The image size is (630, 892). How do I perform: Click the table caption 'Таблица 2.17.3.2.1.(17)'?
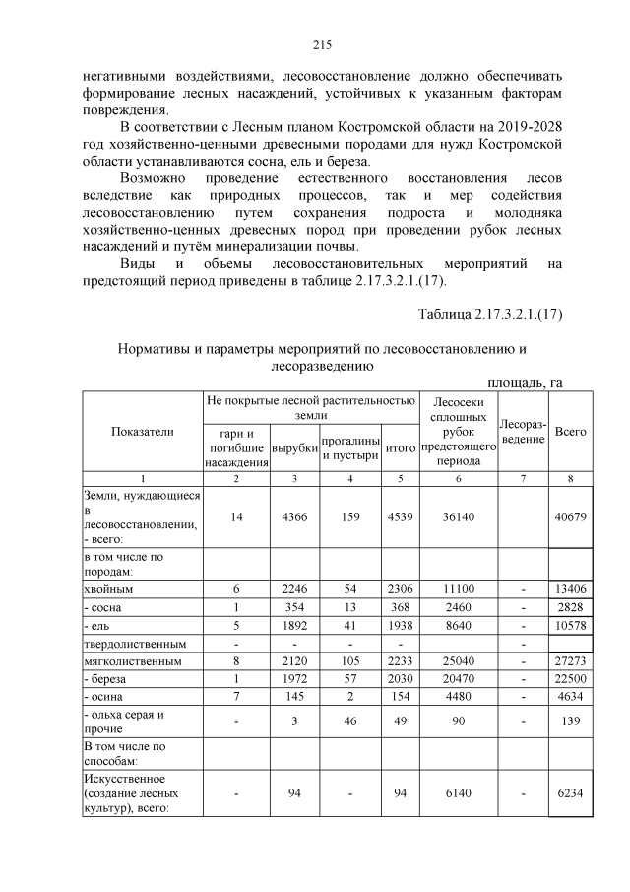(x=490, y=314)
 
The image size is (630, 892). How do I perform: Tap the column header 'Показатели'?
(x=142, y=431)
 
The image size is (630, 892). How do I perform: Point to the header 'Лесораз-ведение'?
(x=522, y=431)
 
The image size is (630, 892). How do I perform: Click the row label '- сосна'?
(x=108, y=608)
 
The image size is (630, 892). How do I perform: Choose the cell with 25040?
(x=458, y=662)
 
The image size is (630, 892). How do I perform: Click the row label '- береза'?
(x=110, y=681)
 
